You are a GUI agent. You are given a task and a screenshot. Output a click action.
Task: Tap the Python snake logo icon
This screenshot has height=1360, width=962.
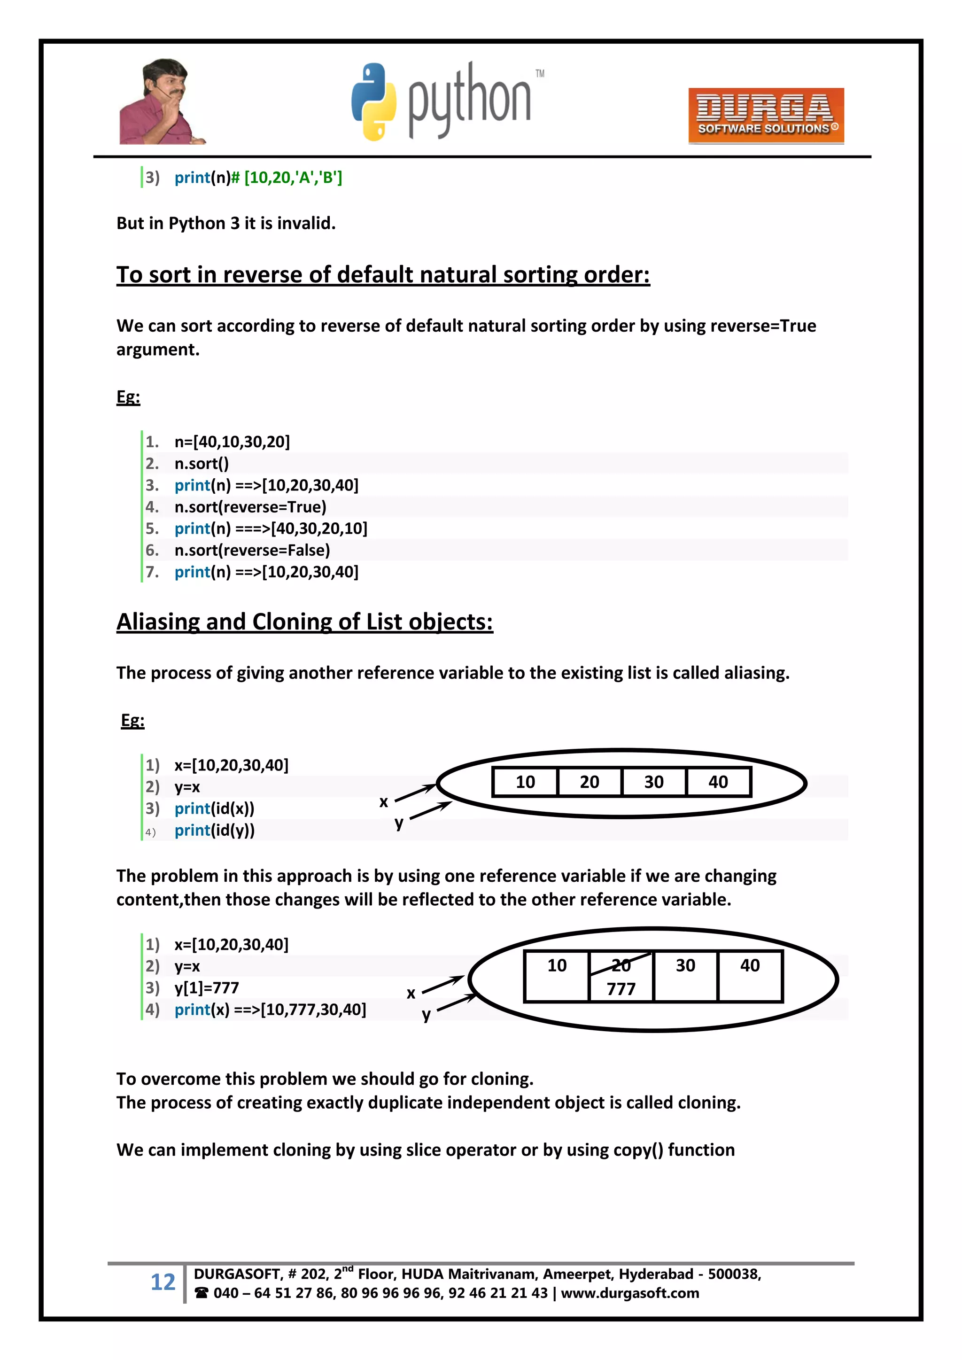pos(373,102)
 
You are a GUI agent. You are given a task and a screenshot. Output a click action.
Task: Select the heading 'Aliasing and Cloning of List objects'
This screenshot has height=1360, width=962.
pos(304,622)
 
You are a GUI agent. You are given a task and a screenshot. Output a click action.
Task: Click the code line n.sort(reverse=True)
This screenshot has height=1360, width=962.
pos(250,507)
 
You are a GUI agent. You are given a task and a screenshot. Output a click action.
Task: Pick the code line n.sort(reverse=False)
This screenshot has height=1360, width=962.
pos(252,550)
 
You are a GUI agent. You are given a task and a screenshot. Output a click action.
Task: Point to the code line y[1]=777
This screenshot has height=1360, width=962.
pos(206,987)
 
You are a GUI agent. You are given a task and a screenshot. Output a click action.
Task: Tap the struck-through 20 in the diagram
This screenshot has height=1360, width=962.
pos(621,965)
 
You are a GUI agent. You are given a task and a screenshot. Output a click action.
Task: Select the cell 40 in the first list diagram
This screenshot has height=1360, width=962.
pos(718,782)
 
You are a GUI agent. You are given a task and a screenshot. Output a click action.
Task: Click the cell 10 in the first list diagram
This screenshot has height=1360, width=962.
pos(525,782)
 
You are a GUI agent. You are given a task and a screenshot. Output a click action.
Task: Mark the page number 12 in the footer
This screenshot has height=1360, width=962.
pos(163,1282)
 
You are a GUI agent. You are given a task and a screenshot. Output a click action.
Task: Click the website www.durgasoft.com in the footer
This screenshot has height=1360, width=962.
pos(630,1293)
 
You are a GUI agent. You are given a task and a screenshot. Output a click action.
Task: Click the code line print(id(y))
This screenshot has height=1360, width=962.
pos(215,831)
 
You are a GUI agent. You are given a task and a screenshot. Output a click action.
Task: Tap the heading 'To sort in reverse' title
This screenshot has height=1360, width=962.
pos(383,275)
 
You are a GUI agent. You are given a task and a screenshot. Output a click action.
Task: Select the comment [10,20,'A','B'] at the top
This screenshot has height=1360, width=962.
pos(293,178)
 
